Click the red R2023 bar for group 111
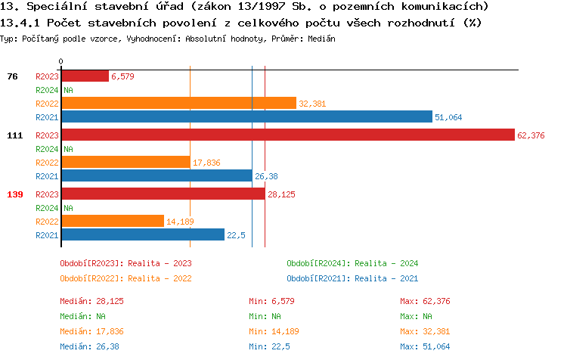click(x=287, y=135)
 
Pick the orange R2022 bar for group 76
click(x=178, y=103)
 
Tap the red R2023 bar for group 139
click(x=163, y=194)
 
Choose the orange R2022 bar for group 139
click(x=112, y=221)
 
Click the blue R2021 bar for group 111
click(x=156, y=176)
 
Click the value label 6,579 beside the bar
click(x=122, y=76)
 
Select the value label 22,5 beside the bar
click(x=237, y=235)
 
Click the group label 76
click(x=13, y=76)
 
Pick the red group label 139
click(x=15, y=194)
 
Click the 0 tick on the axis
click(x=61, y=61)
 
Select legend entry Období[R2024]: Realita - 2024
click(x=352, y=263)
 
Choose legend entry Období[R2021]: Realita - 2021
click(x=352, y=278)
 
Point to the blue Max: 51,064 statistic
click(x=425, y=346)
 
